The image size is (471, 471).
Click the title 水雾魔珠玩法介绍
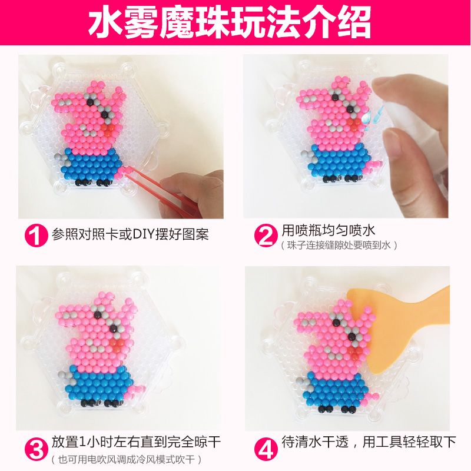[x=230, y=23]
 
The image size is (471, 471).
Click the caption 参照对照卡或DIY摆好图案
[x=130, y=234]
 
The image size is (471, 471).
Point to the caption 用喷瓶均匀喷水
[x=329, y=230]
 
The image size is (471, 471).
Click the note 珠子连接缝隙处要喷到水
[x=339, y=245]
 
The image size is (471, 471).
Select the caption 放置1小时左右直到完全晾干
[x=136, y=442]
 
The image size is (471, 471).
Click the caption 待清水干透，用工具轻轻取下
[x=369, y=441]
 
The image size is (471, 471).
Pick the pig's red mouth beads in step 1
[x=108, y=127]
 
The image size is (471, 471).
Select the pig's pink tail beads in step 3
[x=137, y=390]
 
